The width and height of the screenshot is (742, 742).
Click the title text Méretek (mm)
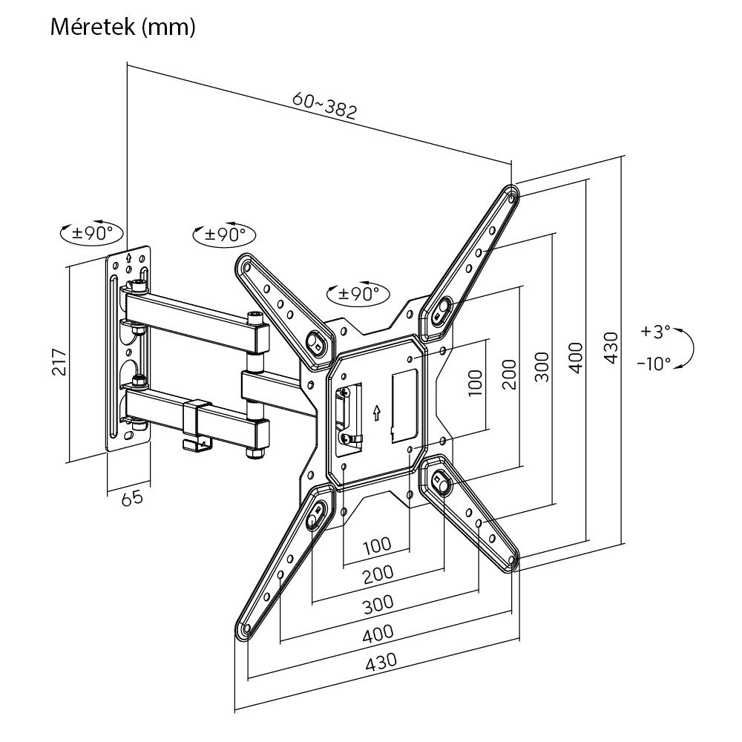click(x=123, y=27)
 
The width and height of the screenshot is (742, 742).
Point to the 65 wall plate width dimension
click(x=132, y=498)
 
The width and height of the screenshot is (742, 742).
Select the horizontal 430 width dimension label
click(x=379, y=660)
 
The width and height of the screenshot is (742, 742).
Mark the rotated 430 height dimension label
click(x=609, y=347)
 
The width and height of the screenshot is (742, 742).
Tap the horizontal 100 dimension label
click(x=376, y=546)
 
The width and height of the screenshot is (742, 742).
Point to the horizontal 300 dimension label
click(x=378, y=603)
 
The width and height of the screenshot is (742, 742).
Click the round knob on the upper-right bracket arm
click(x=441, y=310)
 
